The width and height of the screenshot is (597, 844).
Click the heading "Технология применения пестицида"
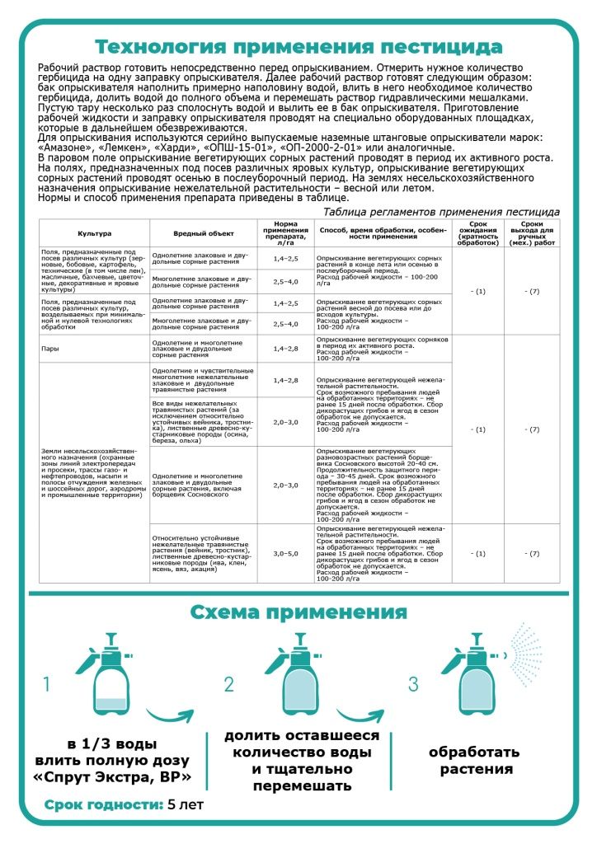click(298, 45)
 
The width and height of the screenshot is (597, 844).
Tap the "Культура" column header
click(94, 233)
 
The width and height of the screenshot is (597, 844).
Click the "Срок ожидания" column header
click(478, 233)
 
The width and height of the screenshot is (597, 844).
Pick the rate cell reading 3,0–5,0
click(285, 553)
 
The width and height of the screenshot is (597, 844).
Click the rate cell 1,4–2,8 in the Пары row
click(285, 349)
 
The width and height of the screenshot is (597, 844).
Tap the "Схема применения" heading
click(298, 612)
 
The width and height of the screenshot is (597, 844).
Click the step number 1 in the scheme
click(48, 684)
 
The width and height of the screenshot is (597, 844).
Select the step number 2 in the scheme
click(229, 684)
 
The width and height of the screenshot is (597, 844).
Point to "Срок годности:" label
click(104, 804)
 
